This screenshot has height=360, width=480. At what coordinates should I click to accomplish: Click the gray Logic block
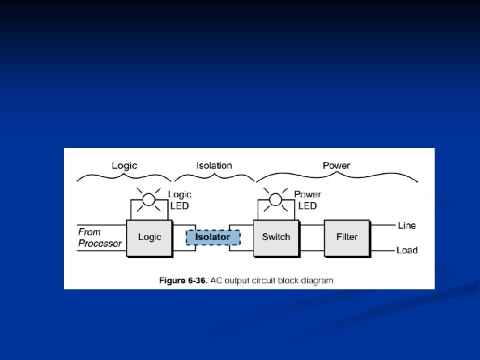pos(149,238)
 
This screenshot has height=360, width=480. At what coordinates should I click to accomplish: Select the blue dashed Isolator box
pos(213,237)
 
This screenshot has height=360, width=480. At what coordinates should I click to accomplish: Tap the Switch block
pos(275,237)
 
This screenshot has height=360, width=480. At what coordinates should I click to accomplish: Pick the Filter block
pos(347,237)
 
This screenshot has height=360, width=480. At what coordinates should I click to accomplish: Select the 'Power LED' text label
pos(307,201)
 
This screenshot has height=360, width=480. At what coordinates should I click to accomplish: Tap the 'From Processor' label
pos(99,238)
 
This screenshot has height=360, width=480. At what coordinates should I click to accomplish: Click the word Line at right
pos(407,225)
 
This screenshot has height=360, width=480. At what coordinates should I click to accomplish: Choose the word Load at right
pos(407,251)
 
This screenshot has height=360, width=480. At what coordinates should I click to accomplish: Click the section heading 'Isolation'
pos(215,165)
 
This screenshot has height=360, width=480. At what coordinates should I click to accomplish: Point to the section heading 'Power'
pos(336,165)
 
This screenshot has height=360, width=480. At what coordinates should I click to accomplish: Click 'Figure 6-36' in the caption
pos(182,280)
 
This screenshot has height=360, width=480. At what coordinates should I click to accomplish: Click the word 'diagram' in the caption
pos(315,280)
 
